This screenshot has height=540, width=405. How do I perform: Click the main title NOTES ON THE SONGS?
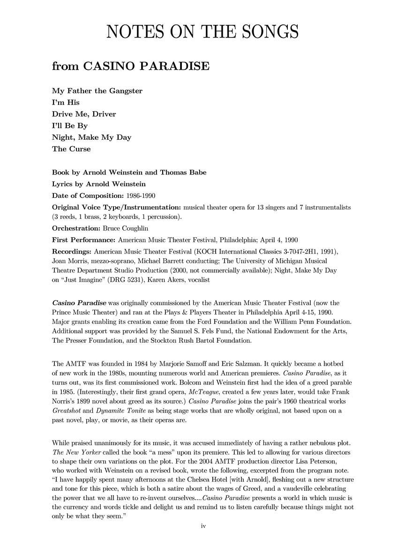click(202, 32)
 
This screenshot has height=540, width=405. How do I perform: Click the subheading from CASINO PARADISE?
click(130, 66)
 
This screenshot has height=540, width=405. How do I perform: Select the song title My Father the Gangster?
click(97, 90)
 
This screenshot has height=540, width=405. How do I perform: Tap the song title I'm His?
click(66, 102)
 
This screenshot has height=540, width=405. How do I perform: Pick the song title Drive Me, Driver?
click(84, 114)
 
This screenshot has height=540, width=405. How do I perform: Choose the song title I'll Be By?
click(70, 126)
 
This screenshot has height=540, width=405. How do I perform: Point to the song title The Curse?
click(71, 149)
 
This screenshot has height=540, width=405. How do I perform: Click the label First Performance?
click(83, 240)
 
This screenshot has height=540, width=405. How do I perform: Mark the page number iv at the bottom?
click(203, 526)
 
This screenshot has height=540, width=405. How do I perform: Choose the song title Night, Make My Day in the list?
click(91, 137)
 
